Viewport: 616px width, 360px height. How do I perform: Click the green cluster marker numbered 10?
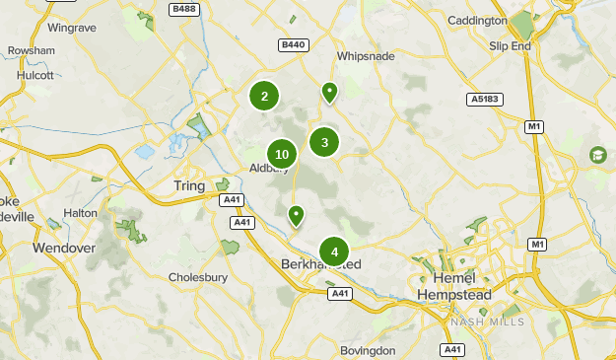tap(282, 154)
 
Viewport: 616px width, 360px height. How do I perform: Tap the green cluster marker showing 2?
tap(264, 96)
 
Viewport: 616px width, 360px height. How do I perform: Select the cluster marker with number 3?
tap(324, 142)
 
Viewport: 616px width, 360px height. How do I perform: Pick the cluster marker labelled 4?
tap(334, 252)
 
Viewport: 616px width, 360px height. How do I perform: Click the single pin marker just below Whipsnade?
tap(329, 93)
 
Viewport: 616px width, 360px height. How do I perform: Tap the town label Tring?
tap(189, 186)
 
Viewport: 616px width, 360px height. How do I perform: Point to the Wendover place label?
tap(63, 248)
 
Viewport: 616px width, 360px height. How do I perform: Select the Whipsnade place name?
tap(366, 57)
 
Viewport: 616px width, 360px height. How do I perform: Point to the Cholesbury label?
tap(198, 277)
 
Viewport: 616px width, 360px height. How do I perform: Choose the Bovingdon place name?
tap(367, 350)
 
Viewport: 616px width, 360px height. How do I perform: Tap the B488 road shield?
tap(182, 9)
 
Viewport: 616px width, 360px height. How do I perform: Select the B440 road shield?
tap(294, 44)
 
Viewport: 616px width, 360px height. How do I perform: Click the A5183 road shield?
tap(485, 100)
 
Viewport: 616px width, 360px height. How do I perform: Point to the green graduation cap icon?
tap(597, 155)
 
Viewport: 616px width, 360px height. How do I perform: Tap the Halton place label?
tap(81, 212)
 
